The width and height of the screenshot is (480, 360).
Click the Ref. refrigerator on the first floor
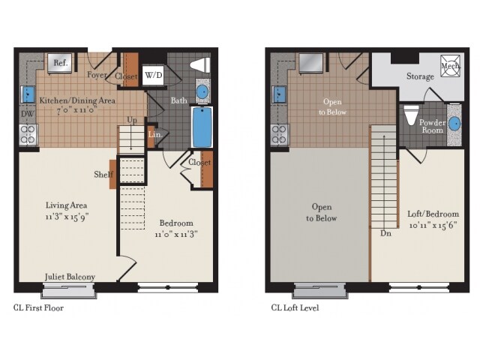pyautogui.click(x=61, y=64)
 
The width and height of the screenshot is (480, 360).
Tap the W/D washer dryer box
pyautogui.click(x=154, y=76)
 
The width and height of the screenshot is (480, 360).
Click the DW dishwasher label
pyautogui.click(x=26, y=115)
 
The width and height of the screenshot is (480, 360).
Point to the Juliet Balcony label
pyautogui.click(x=70, y=277)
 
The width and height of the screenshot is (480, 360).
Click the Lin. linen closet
pyautogui.click(x=154, y=136)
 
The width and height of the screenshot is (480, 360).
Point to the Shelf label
pyautogui.click(x=103, y=175)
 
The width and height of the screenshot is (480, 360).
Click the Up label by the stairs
pyautogui.click(x=131, y=120)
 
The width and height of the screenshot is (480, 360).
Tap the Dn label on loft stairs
pyautogui.click(x=385, y=233)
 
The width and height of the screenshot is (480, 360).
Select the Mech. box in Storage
pyautogui.click(x=450, y=66)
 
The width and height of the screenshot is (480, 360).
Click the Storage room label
pyautogui.click(x=420, y=76)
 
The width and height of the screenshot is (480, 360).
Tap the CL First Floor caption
pyautogui.click(x=39, y=307)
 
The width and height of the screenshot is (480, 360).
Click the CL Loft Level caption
pyautogui.click(x=295, y=307)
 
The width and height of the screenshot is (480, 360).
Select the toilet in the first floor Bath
pyautogui.click(x=200, y=65)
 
